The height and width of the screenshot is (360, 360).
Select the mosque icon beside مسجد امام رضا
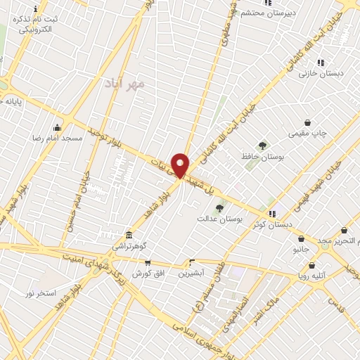tap(57, 128)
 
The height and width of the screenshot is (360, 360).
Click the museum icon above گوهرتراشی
tap(129, 236)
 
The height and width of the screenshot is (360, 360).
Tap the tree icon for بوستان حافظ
tap(262, 146)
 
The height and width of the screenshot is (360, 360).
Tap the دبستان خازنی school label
tap(313, 73)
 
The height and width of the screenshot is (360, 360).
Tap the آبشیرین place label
tap(191, 272)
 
